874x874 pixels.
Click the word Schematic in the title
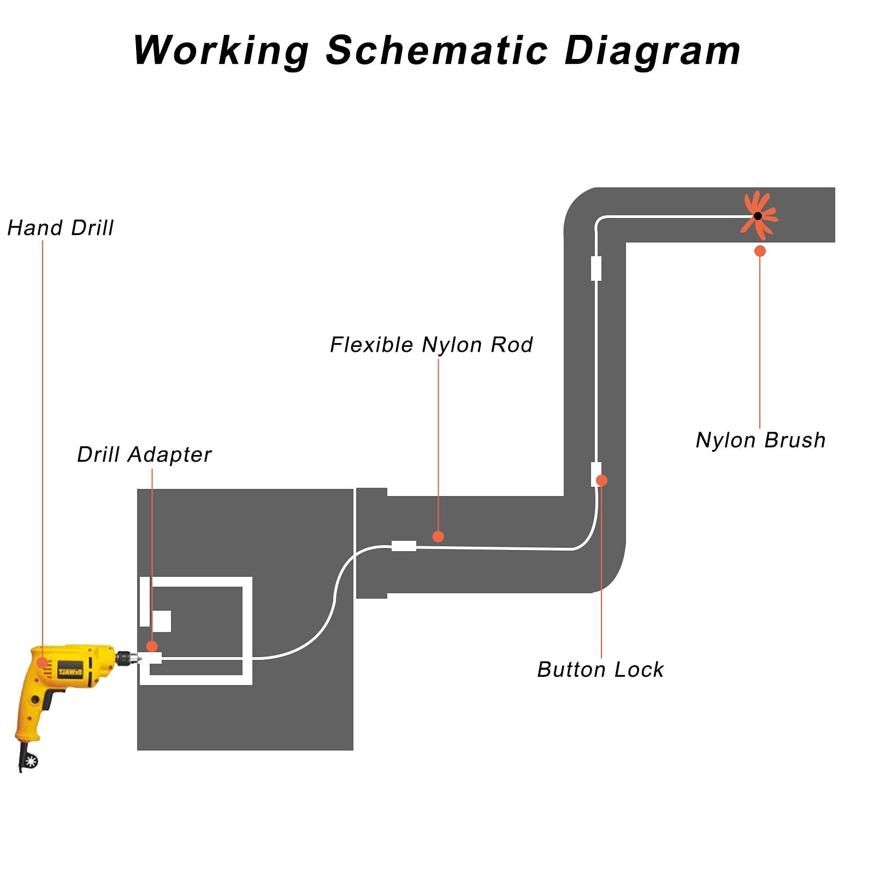(x=436, y=50)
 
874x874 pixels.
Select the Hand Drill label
(x=61, y=228)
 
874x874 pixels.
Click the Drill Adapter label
(x=144, y=455)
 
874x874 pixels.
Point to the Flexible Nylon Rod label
(x=432, y=345)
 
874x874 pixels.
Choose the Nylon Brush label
(x=760, y=440)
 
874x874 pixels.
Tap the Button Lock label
(x=600, y=670)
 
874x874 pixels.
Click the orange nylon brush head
(x=759, y=216)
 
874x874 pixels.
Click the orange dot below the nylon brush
(x=760, y=251)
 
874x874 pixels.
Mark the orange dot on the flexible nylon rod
(x=438, y=537)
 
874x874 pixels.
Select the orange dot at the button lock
(x=601, y=481)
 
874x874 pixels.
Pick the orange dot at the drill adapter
(x=152, y=647)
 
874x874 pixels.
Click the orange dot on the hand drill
(x=42, y=663)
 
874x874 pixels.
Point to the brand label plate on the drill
(x=70, y=671)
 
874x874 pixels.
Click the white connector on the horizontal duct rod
(x=404, y=546)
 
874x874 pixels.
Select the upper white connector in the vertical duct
(x=597, y=268)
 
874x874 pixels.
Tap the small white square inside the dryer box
(x=162, y=621)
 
